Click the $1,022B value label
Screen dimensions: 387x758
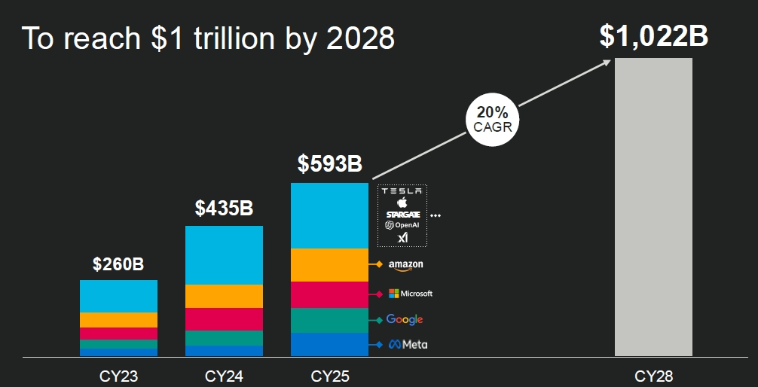(x=653, y=35)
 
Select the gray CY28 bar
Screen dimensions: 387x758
(x=653, y=207)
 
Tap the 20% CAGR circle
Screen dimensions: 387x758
(x=493, y=119)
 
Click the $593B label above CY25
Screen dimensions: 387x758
(x=329, y=163)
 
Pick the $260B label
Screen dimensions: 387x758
(x=118, y=264)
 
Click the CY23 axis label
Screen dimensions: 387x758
(x=118, y=375)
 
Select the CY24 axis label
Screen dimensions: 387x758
(x=224, y=375)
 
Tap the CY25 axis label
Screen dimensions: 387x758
(x=329, y=375)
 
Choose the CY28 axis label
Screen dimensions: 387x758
(x=653, y=375)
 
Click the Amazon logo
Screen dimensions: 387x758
(x=405, y=265)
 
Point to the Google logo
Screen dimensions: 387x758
(x=405, y=320)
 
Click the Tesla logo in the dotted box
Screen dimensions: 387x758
(x=402, y=191)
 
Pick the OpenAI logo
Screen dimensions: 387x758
(x=402, y=225)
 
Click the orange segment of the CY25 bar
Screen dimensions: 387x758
(x=329, y=265)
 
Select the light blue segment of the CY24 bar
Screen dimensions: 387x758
(x=224, y=255)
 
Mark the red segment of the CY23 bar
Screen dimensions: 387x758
(x=118, y=334)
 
